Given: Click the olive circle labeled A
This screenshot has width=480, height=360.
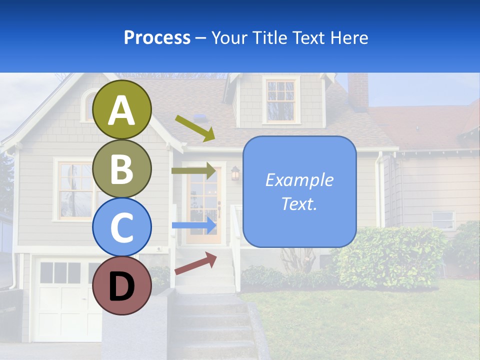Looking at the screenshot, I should pos(122,109).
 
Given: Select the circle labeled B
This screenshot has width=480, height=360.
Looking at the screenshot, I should pos(122,168).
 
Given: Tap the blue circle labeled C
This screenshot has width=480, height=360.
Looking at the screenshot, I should pos(122,227).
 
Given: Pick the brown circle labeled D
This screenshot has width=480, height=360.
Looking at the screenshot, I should pos(122,286).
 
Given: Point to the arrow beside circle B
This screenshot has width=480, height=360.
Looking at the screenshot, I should pos(193,171).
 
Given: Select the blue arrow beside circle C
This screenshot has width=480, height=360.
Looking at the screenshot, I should pos(194,225).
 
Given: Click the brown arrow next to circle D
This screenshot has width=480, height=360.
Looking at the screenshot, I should pos(195,263).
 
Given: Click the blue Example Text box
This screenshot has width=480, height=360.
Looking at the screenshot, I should pos(299,191).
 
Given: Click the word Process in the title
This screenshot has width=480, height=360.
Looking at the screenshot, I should pos(157,38).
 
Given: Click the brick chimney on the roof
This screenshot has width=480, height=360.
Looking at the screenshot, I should pos(358,91).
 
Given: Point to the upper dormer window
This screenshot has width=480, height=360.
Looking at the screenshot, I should pos(280,99).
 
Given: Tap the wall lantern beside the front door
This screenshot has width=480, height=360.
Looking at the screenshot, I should pos(235,174).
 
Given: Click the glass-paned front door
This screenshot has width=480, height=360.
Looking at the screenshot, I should pos(203,205).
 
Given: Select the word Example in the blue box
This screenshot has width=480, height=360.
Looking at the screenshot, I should pos(299,180).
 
